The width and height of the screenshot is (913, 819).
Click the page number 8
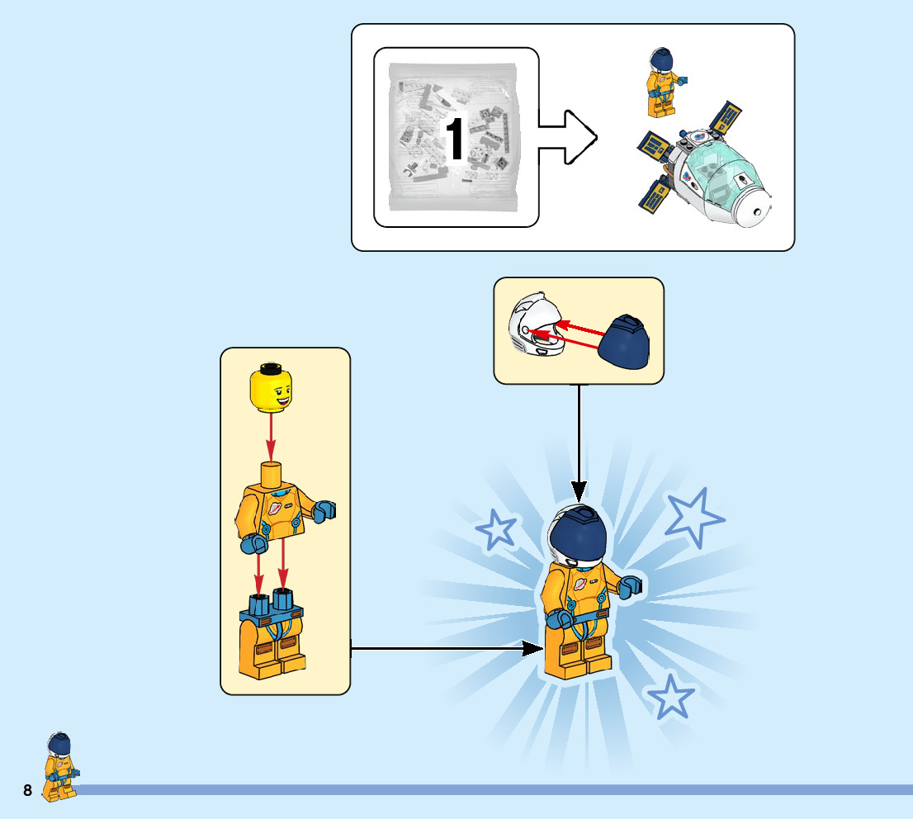(x=27, y=791)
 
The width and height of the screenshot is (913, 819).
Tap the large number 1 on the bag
(x=455, y=138)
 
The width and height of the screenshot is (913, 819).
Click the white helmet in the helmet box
(x=534, y=326)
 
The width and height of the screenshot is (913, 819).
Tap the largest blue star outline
(x=693, y=518)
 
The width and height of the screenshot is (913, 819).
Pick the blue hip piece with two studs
(x=271, y=611)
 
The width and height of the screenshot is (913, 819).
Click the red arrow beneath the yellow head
(x=271, y=435)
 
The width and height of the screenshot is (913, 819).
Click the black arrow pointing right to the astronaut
(x=446, y=649)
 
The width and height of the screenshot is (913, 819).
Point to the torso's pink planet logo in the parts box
(x=273, y=509)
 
